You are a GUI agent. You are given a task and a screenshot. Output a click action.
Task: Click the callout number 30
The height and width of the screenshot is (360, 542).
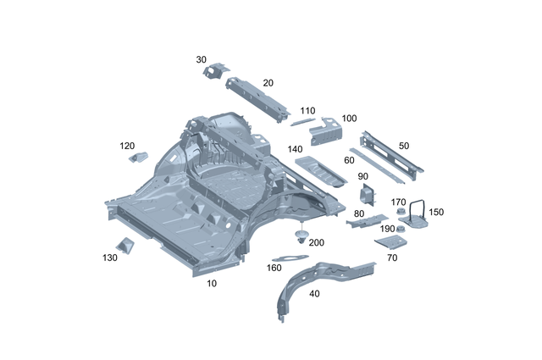(201, 59)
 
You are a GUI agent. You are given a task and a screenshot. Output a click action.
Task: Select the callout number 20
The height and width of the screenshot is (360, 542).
(268, 83)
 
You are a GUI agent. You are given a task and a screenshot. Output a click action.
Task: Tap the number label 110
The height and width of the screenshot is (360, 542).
(307, 111)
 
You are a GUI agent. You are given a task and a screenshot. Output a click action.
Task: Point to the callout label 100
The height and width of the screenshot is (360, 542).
(349, 119)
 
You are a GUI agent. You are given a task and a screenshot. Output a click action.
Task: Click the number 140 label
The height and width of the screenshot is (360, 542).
(295, 149)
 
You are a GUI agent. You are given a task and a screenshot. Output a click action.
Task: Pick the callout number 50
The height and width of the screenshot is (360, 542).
(403, 146)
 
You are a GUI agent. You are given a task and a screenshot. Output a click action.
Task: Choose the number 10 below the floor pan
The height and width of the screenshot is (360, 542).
(211, 284)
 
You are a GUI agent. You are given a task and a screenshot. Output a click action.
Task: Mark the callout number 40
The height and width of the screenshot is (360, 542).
(314, 294)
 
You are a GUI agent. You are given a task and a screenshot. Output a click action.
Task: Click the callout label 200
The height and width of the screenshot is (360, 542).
(316, 242)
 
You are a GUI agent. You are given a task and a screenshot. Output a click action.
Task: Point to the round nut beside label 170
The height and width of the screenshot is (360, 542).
(397, 213)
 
